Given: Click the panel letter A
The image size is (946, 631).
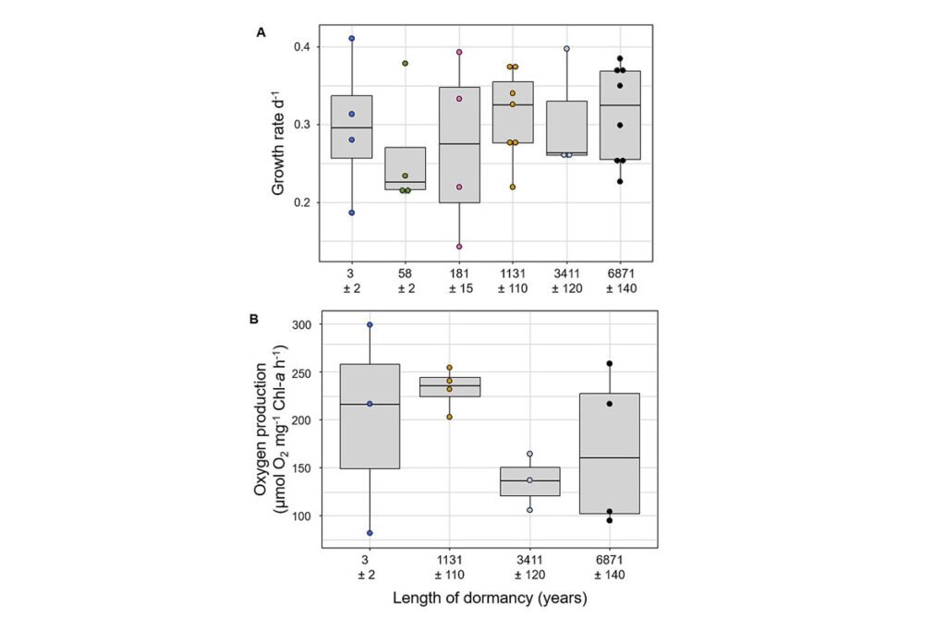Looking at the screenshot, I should point(261,33).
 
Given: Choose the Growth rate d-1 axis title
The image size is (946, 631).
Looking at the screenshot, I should point(278,149).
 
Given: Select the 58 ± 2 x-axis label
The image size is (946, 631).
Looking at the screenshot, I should point(405,282).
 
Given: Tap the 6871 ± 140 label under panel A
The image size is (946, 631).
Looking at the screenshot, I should point(620,282).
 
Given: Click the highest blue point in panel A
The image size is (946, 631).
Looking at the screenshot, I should point(352,39).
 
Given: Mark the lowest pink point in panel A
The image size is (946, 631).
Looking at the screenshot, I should point(458,247).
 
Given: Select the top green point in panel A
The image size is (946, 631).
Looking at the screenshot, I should point(405,63).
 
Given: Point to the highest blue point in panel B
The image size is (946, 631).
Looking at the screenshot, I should point(370,324).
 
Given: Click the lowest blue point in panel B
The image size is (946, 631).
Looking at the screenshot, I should point(370,533).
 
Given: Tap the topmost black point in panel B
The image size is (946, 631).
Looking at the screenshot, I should point(610,364).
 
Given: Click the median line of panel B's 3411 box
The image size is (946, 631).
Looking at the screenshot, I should point(529,480).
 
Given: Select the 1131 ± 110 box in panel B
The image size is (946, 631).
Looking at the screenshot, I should point(450,387).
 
